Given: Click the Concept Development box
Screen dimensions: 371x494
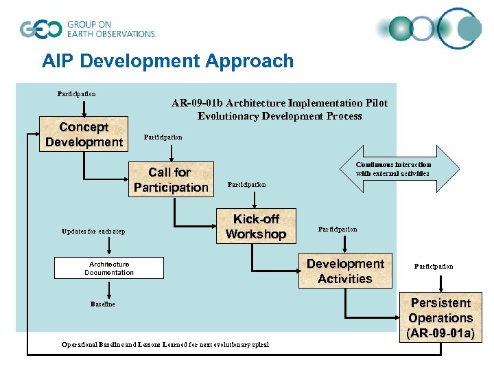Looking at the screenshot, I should pos(84,135).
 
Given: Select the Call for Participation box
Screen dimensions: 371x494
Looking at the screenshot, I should pos(171,179).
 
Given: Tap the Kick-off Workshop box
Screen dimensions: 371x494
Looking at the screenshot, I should pos(256,226).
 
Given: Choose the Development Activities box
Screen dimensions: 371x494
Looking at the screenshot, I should pos(345,271).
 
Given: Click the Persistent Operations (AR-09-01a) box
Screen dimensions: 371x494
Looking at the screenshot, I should pos(440,318).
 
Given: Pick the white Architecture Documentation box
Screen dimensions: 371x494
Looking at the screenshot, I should pos(109,268).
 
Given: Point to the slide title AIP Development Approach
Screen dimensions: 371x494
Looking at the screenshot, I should pos(167,61).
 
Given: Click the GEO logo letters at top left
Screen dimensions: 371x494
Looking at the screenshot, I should pos(40,30).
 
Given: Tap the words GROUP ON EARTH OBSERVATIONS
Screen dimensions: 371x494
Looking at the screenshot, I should pos(110,30).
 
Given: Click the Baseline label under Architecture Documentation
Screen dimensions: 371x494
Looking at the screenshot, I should pos(103,304).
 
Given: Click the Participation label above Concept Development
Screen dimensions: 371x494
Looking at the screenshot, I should pos(76,93).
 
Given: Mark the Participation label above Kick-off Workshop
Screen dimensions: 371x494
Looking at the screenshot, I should pos(246,184).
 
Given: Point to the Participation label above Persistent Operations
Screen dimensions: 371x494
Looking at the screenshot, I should pos(433,266).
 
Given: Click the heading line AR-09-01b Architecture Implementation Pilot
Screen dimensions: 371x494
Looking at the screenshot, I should pos(279,103).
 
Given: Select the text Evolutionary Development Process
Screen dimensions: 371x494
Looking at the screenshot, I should pos(279,116).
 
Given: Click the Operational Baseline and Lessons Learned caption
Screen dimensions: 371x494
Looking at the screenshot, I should pos(165,344).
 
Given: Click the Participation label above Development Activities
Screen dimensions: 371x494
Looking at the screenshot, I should pos(338,229).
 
